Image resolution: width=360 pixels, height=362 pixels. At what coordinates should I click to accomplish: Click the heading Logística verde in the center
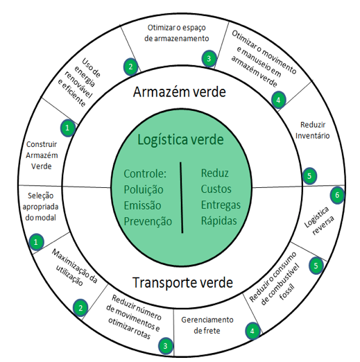tap(180, 140)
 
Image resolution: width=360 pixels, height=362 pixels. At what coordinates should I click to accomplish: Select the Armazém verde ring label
tap(180, 92)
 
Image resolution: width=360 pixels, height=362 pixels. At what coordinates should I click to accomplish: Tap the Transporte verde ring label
tap(182, 282)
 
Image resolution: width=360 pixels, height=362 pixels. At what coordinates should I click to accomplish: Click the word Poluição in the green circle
tap(144, 189)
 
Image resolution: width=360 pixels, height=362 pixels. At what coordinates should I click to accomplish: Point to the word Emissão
tap(142, 205)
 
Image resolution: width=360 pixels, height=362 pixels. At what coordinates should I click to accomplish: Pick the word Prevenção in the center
tap(148, 221)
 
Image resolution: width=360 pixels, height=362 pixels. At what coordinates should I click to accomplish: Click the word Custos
tap(216, 189)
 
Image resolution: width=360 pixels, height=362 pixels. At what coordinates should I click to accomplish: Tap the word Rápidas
tap(218, 221)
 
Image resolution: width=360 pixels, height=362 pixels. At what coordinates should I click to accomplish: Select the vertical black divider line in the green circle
tap(182, 198)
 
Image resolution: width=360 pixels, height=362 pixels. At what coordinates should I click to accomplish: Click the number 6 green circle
tap(337, 195)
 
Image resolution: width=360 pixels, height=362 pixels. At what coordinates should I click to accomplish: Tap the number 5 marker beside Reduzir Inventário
tap(309, 176)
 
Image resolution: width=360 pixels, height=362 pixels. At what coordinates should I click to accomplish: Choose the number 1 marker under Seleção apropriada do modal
tap(36, 242)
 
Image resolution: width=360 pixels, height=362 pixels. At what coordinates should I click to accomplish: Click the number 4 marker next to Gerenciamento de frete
tap(252, 331)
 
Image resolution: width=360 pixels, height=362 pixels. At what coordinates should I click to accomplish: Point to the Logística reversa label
tap(319, 221)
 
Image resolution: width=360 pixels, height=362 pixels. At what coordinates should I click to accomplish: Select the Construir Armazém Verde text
tap(42, 155)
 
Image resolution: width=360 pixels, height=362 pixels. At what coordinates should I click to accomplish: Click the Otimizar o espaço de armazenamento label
tap(177, 33)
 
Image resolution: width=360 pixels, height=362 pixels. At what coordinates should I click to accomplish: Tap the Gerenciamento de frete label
tap(207, 325)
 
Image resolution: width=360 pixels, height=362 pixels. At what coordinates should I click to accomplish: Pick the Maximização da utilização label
tap(74, 267)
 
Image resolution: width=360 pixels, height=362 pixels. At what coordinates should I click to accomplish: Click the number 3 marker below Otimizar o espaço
tap(209, 58)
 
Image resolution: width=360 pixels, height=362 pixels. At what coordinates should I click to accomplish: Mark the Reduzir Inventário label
tap(313, 130)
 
